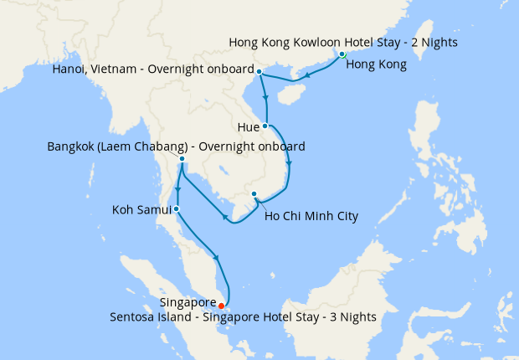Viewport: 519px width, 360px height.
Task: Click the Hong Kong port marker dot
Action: point(342,55)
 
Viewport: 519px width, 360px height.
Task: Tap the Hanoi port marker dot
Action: point(259,71)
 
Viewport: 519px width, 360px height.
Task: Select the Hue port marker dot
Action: point(265,126)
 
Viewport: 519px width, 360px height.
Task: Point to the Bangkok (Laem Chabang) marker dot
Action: point(182,159)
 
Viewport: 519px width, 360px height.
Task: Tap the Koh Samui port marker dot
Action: point(176,208)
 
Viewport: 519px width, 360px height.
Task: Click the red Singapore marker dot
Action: point(221,306)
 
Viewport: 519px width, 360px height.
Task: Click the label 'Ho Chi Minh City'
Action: point(311,216)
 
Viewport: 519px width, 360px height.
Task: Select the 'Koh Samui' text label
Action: point(141,208)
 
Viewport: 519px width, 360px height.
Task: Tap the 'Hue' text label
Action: point(249,127)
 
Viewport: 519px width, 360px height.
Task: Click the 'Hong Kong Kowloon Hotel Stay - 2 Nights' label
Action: point(343,42)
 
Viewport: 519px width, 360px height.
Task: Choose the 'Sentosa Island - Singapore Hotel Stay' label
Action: point(243,316)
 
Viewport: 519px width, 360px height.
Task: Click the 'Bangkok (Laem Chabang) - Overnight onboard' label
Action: point(176,147)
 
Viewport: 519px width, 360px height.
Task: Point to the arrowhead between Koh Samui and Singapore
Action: point(217,258)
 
